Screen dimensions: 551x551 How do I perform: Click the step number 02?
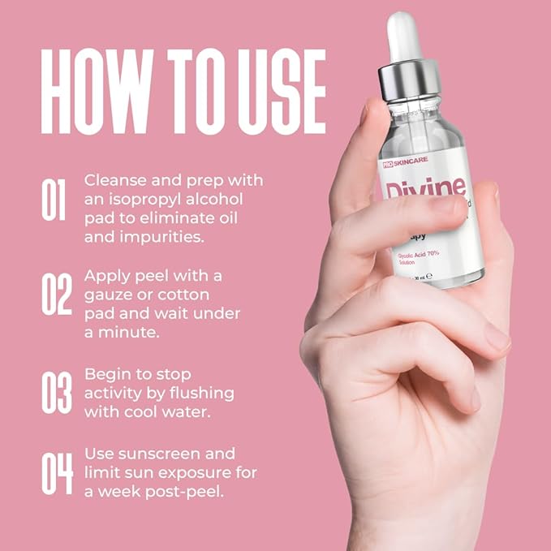tap(56, 293)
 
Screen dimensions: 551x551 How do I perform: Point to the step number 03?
tap(56, 393)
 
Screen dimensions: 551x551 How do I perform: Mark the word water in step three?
tap(189, 413)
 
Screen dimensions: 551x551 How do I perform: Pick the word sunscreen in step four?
tap(197, 454)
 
